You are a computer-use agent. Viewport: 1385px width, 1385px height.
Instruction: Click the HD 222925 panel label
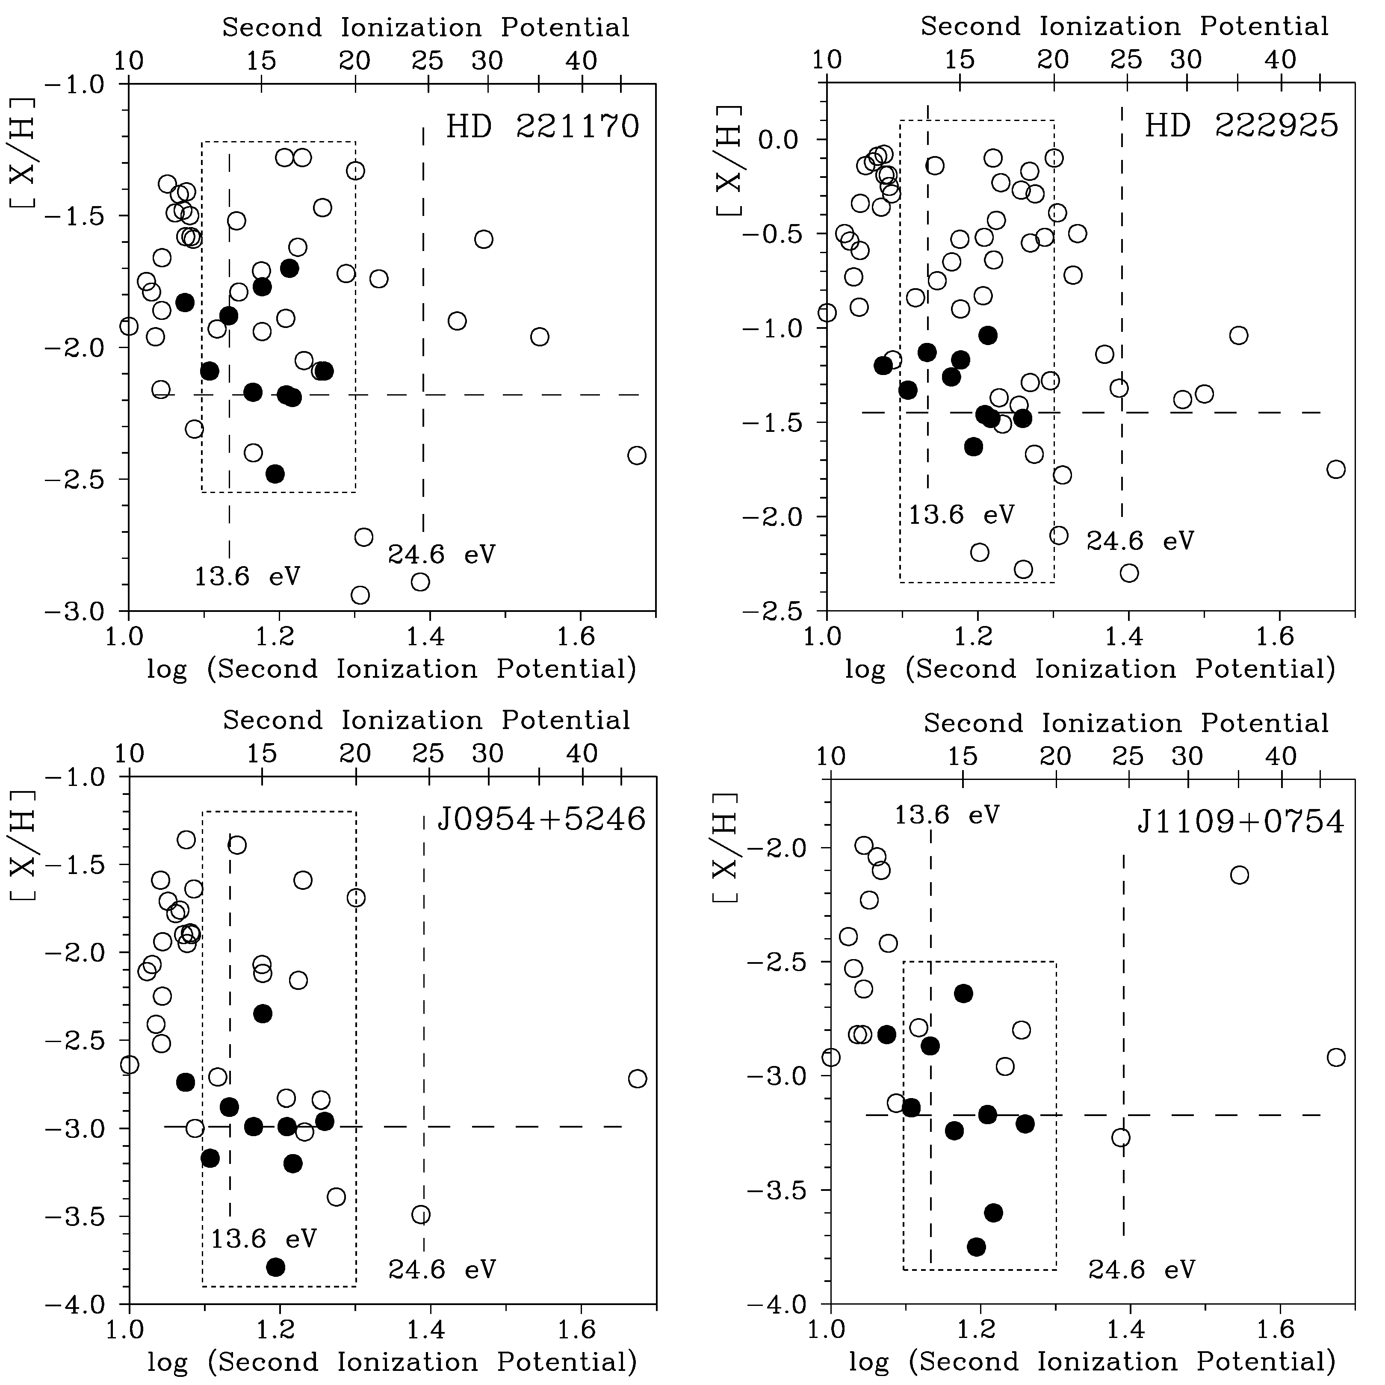pos(1241,125)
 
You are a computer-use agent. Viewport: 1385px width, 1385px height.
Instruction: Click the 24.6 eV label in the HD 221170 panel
pos(442,554)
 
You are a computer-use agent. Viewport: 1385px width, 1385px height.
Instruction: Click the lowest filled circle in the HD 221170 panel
pos(275,474)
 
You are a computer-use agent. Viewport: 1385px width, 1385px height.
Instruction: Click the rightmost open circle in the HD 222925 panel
pos(1335,470)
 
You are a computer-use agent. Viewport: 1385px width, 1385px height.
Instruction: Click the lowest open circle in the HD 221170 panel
pos(360,595)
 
